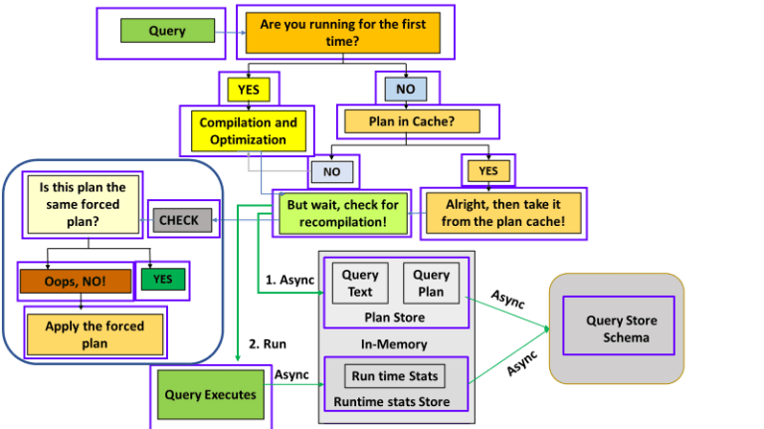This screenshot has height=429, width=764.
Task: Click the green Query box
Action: (x=167, y=31)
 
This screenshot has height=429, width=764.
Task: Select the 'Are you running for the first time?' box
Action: (x=342, y=32)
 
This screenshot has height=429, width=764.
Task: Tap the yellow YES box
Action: (x=249, y=90)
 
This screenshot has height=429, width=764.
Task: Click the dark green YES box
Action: (x=163, y=280)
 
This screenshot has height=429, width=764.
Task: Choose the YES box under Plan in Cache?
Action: (x=488, y=171)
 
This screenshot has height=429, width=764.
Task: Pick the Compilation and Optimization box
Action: (x=249, y=131)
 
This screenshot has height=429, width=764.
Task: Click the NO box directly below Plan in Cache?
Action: (x=331, y=172)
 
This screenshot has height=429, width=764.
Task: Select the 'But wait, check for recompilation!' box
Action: (x=343, y=213)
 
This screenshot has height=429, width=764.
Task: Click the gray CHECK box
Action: (x=179, y=220)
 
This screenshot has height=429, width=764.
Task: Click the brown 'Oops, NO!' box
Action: (x=75, y=282)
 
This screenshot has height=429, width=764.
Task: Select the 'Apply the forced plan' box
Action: (x=95, y=333)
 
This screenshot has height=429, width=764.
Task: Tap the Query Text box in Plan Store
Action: (x=360, y=283)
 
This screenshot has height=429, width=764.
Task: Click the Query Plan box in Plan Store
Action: (x=431, y=283)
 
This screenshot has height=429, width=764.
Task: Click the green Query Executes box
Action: (x=210, y=394)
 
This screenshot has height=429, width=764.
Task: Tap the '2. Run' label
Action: (x=268, y=343)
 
